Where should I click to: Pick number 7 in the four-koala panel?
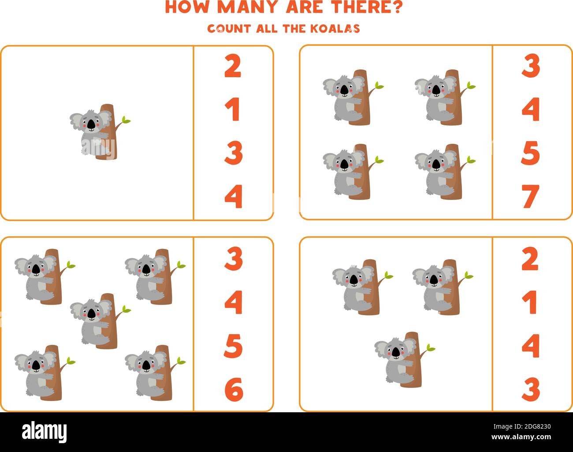point(531,196)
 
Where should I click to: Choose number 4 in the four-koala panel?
point(531,109)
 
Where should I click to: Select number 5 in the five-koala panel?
point(233,346)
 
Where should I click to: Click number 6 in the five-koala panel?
point(234,389)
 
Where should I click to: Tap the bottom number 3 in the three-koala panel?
point(531,389)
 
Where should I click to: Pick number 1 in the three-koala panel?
point(531,302)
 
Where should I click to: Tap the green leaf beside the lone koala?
point(126,120)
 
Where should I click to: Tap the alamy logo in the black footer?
point(45,431)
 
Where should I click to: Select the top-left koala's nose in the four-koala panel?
point(344,90)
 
